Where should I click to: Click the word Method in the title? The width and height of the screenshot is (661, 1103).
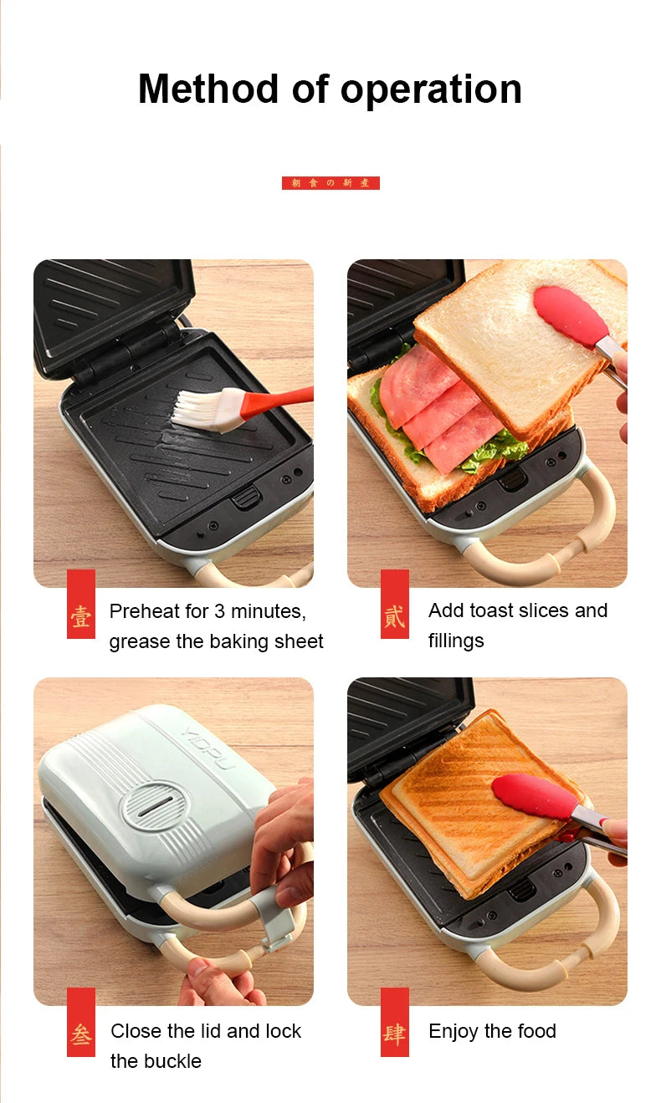pyautogui.click(x=209, y=89)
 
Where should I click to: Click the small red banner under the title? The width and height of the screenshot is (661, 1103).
pyautogui.click(x=330, y=182)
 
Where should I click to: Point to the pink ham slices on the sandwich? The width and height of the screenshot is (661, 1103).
pyautogui.click(x=435, y=410)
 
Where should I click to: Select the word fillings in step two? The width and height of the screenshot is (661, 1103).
pyautogui.click(x=456, y=641)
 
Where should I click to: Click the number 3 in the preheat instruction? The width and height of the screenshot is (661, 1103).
pyautogui.click(x=219, y=611)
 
